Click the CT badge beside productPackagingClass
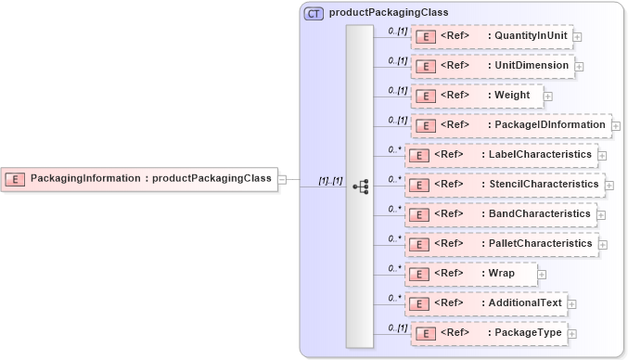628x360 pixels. coord(314,13)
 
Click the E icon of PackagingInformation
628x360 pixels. coord(16,178)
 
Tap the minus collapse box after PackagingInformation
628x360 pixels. coord(283,179)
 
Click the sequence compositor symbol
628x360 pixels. coord(360,186)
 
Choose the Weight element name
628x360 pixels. coord(512,96)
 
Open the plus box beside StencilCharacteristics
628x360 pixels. coord(609,185)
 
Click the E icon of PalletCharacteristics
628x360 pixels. coord(419,244)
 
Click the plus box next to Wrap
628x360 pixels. coord(542,274)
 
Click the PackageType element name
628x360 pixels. coord(528,333)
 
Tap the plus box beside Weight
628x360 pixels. coord(548,96)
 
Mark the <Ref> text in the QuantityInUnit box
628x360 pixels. coord(455,36)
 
